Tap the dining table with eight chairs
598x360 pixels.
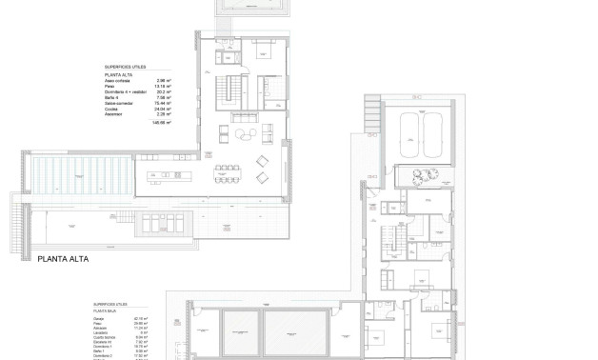point(228,174)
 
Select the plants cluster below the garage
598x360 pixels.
point(424,174)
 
